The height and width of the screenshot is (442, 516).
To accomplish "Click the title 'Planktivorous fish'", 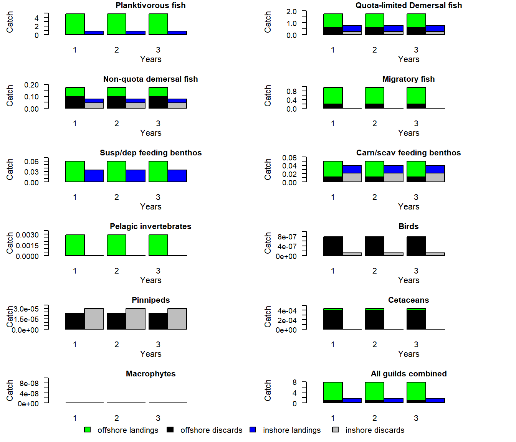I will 150,5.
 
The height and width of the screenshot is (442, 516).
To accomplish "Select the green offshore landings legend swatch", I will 88,430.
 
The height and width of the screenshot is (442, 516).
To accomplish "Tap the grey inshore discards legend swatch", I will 336,430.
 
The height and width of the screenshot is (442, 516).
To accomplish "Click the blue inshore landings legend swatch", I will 253,430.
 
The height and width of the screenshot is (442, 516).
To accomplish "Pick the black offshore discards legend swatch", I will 170,430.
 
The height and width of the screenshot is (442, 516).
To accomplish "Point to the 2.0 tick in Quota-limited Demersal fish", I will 291,12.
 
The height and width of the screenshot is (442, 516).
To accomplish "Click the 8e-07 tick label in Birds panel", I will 287,237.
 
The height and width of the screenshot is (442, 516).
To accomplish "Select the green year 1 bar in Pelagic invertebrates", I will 75,245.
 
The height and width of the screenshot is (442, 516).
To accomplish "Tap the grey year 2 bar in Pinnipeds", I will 136,318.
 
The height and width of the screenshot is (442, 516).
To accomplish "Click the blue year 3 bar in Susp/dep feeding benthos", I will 177,176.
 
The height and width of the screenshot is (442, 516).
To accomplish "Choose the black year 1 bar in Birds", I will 333,246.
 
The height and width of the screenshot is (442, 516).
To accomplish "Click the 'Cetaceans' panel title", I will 408,300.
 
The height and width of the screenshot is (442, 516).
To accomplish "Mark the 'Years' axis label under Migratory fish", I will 408,133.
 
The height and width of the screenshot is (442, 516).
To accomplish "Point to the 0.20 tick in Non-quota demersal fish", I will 31,85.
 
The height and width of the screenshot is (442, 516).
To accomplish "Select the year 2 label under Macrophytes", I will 116,418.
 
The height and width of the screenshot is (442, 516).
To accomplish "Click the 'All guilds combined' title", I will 408,374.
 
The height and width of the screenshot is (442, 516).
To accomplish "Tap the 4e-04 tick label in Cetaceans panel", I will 287,311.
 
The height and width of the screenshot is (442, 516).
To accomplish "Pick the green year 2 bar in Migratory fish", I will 375,96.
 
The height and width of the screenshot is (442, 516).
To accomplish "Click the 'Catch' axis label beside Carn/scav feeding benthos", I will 268,169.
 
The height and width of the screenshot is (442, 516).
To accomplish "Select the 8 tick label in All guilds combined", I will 294,382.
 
